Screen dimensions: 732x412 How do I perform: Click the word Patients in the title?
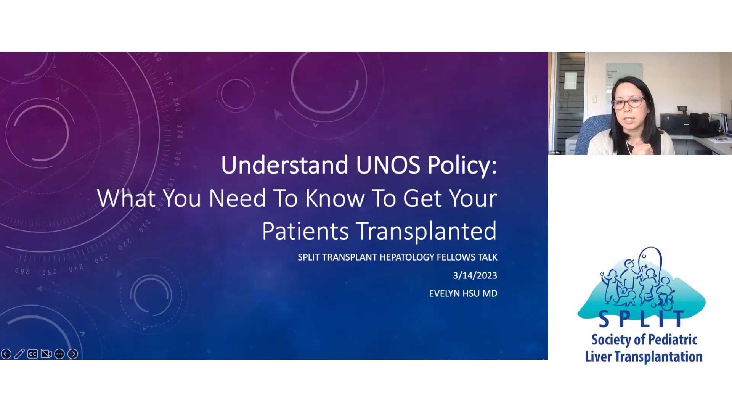pyautogui.click(x=305, y=231)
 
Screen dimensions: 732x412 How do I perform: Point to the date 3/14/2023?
pyautogui.click(x=475, y=275)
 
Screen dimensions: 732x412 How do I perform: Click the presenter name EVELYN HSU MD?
pyautogui.click(x=463, y=293)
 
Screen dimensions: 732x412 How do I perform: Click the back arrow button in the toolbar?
pyautogui.click(x=6, y=354)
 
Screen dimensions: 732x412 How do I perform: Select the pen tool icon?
pyautogui.click(x=19, y=354)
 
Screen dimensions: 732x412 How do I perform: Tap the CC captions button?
pyautogui.click(x=33, y=354)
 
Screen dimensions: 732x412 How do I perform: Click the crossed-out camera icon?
pyautogui.click(x=46, y=354)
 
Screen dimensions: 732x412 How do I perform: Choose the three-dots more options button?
pyautogui.click(x=59, y=354)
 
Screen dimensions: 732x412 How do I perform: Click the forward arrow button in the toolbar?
pyautogui.click(x=72, y=354)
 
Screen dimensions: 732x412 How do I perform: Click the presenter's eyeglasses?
pyautogui.click(x=628, y=103)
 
